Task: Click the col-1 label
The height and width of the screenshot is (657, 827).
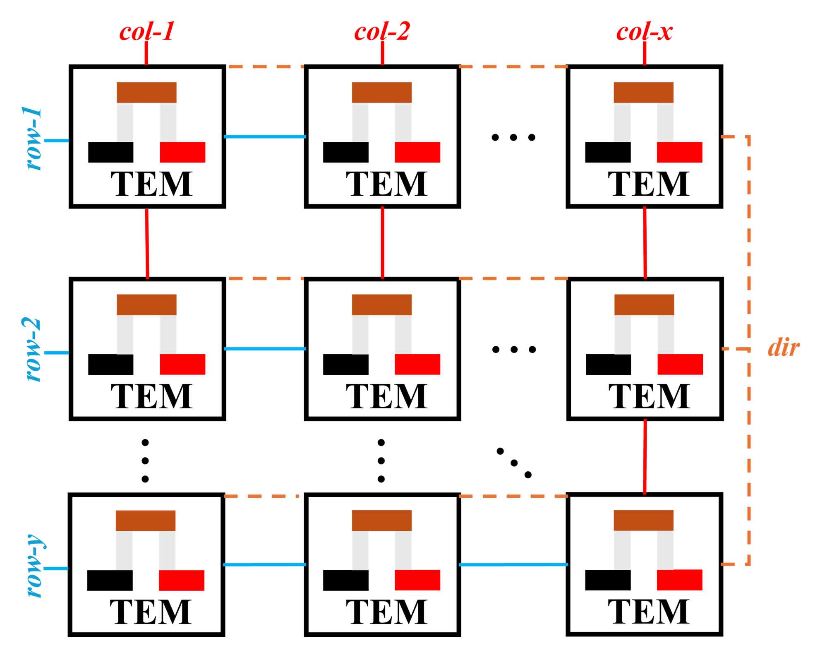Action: [147, 32]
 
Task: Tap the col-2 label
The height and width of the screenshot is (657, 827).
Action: [382, 32]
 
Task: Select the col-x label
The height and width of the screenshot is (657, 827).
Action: [644, 32]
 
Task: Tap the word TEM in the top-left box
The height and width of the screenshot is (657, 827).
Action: [151, 184]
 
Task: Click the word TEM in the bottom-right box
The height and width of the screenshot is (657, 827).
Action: [648, 612]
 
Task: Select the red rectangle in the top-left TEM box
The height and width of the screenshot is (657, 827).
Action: [182, 152]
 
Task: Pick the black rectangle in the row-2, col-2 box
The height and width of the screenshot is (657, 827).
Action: [345, 364]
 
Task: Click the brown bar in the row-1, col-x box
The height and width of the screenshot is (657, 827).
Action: [643, 93]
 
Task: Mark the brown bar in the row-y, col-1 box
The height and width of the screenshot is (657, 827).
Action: [146, 520]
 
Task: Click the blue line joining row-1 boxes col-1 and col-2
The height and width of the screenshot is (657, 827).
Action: [265, 137]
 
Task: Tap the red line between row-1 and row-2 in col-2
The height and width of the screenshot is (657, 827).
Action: [382, 242]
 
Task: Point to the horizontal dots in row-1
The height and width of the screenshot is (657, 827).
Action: [513, 137]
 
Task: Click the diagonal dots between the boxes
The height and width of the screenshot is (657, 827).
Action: [514, 463]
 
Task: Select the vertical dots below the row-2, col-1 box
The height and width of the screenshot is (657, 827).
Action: [145, 461]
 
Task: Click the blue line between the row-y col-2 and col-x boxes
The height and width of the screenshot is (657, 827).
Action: [513, 564]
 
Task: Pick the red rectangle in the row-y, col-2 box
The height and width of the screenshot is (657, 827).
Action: [417, 580]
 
